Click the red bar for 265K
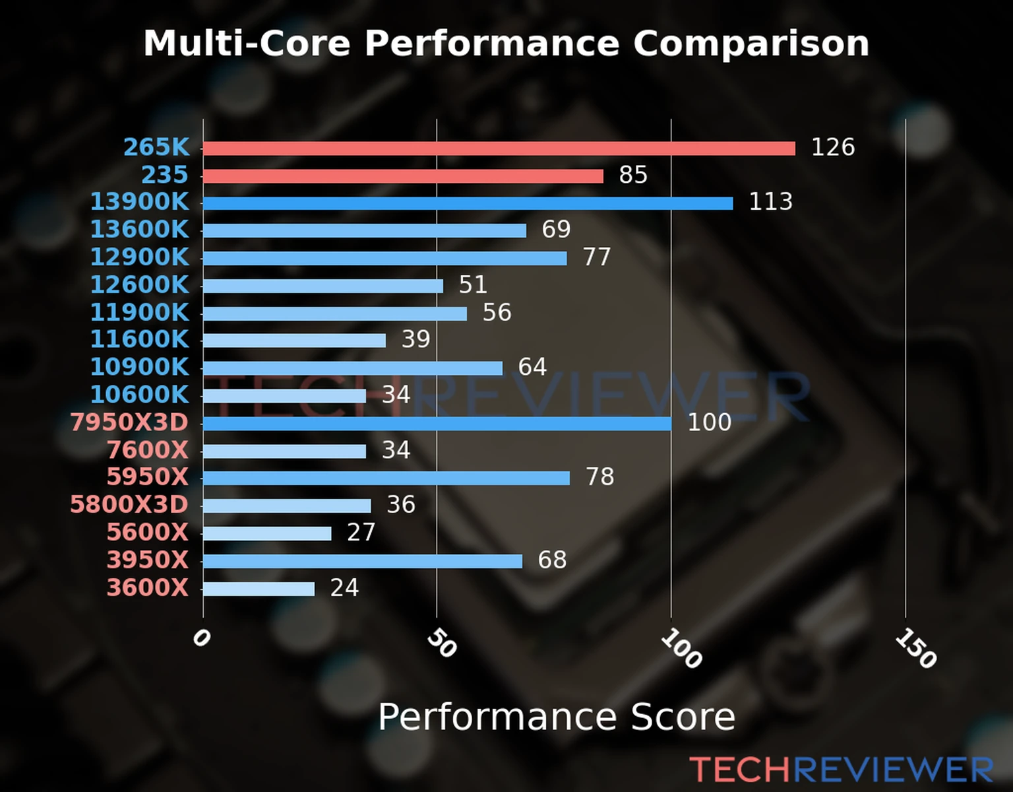click(x=499, y=148)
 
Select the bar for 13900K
click(x=468, y=203)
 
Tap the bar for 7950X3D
click(x=437, y=423)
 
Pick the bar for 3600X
click(x=259, y=589)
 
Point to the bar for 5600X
click(x=267, y=533)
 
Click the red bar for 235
click(x=403, y=176)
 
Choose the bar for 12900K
click(x=384, y=258)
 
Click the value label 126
click(x=832, y=147)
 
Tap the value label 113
click(x=770, y=202)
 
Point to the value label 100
click(x=709, y=422)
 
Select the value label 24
click(x=344, y=587)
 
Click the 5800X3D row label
click(x=129, y=505)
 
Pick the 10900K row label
click(x=139, y=367)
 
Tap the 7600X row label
click(x=148, y=450)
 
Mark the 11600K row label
click(x=139, y=339)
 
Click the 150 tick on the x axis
click(x=915, y=648)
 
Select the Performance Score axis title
click(x=556, y=717)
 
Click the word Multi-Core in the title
click(x=247, y=44)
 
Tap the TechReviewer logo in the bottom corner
click(x=841, y=770)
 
